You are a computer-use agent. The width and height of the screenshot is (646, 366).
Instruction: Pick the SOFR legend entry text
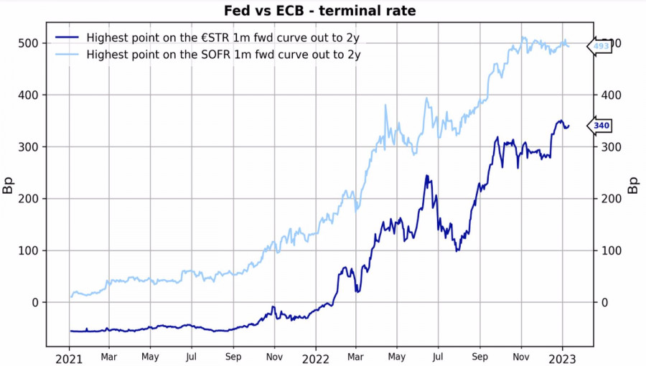223,54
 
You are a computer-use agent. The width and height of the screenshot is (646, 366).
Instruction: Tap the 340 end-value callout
601,126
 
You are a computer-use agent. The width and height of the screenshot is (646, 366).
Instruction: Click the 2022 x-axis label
315,357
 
